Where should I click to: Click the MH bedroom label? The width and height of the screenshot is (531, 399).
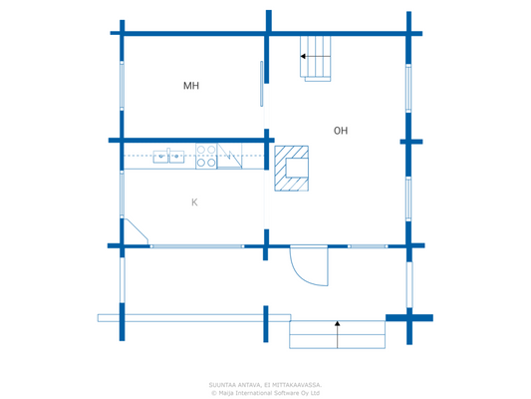191,86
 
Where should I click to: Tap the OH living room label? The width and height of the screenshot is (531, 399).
341,131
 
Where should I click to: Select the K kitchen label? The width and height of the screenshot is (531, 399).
194,202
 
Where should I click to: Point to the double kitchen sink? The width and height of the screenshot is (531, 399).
168,156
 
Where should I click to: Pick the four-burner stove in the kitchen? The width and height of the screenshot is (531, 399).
206,157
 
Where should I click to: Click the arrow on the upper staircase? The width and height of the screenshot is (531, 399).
303,58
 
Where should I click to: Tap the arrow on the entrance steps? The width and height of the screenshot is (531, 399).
338,325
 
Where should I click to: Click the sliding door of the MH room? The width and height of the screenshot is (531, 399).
262,84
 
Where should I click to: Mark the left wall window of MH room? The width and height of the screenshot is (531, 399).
123,86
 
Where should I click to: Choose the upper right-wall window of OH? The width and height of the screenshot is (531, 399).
408,88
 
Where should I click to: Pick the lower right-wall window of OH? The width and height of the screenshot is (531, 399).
408,198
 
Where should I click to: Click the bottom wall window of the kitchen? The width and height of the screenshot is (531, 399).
196,245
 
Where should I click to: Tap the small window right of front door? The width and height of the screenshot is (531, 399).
368,245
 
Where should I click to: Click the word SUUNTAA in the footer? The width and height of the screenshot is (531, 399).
223,384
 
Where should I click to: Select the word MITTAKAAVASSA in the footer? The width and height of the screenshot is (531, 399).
296,384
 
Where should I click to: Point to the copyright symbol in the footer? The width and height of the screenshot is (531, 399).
213,393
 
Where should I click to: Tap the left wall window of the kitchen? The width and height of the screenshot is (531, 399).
123,193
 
